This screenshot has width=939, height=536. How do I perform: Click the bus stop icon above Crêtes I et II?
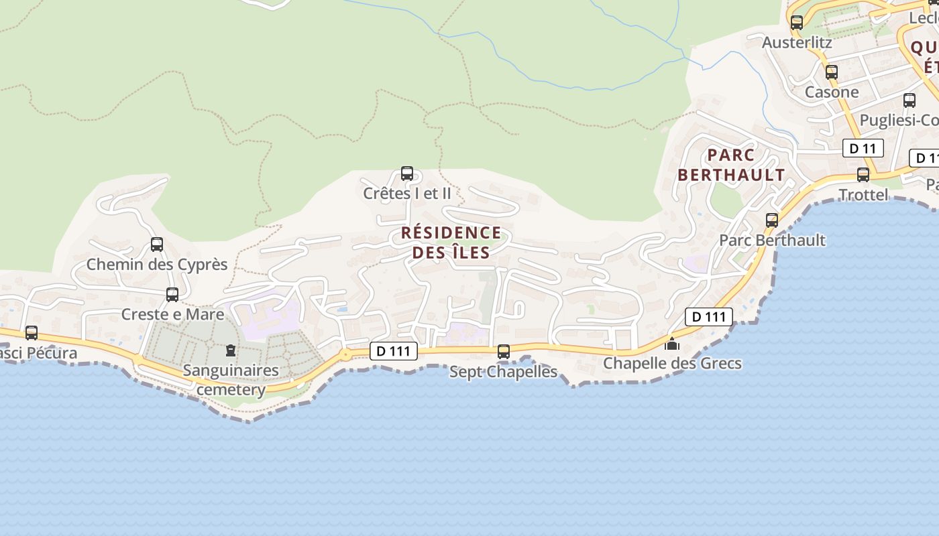tap(406, 174)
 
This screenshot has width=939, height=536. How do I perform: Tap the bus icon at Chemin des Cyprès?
tap(157, 245)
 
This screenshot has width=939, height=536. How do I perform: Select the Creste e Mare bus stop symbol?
tap(172, 295)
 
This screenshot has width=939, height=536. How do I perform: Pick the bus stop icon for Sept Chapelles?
tap(504, 351)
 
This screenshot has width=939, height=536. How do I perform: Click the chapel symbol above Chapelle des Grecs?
tap(671, 344)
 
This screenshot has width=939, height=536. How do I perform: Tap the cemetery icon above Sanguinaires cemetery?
tap(231, 350)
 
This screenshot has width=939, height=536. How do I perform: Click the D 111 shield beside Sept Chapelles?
tap(394, 350)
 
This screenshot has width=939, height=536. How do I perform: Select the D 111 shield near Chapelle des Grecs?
tap(708, 316)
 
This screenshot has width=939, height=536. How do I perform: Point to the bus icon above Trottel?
tap(863, 175)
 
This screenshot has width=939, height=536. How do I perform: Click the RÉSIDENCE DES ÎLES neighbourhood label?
tap(451, 243)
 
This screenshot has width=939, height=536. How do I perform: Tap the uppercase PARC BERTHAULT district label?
tap(731, 165)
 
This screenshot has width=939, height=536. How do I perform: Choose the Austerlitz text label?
tap(797, 42)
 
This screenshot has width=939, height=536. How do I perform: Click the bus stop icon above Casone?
tap(832, 72)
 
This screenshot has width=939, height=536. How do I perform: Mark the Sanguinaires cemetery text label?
tap(231, 379)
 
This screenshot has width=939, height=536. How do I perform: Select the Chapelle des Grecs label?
tap(672, 363)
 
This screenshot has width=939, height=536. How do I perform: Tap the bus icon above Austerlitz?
tap(797, 22)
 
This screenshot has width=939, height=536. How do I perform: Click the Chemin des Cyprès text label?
tap(157, 264)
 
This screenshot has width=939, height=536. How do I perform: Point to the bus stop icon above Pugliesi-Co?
tap(909, 100)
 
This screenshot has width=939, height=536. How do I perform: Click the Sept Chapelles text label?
tap(503, 371)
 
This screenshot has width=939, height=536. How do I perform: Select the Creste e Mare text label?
tap(172, 314)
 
